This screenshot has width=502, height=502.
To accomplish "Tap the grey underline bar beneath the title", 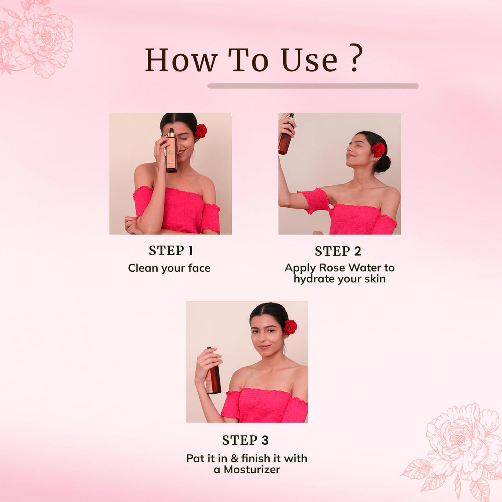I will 313,86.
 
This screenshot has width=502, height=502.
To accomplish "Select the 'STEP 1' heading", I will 171,250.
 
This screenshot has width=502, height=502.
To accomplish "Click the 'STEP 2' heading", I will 338,251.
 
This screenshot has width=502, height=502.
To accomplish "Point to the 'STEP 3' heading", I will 245,440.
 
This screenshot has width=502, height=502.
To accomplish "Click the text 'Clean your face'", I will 169,268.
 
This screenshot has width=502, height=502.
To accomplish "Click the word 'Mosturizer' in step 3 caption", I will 252,469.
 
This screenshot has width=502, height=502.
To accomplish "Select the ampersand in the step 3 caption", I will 235,458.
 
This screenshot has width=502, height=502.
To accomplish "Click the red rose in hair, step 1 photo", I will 201,131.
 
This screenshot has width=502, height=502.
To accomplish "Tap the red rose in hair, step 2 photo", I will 378,149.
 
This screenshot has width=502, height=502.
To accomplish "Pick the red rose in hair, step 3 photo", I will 290,327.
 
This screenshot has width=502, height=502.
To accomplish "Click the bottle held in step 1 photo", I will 171,151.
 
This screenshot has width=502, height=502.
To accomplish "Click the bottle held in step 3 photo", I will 213,373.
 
